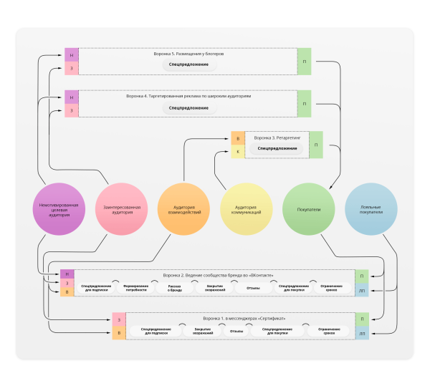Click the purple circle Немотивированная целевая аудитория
tap(59, 209)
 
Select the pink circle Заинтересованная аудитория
tap(123, 209)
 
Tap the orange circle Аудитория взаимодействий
tap(183, 209)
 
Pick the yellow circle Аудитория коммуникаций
tap(246, 209)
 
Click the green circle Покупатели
tap(308, 209)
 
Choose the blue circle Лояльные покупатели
tap(371, 209)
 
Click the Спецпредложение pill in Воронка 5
tap(188, 64)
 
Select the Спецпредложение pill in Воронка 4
tap(188, 108)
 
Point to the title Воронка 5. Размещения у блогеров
tap(188, 54)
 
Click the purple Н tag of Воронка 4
tap(72, 96)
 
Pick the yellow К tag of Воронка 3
tap(239, 151)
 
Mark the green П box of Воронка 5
tap(304, 62)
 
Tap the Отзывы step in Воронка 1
tap(237, 332)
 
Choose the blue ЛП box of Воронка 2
tap(362, 290)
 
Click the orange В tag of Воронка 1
tap(119, 333)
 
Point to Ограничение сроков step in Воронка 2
tap(330, 288)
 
